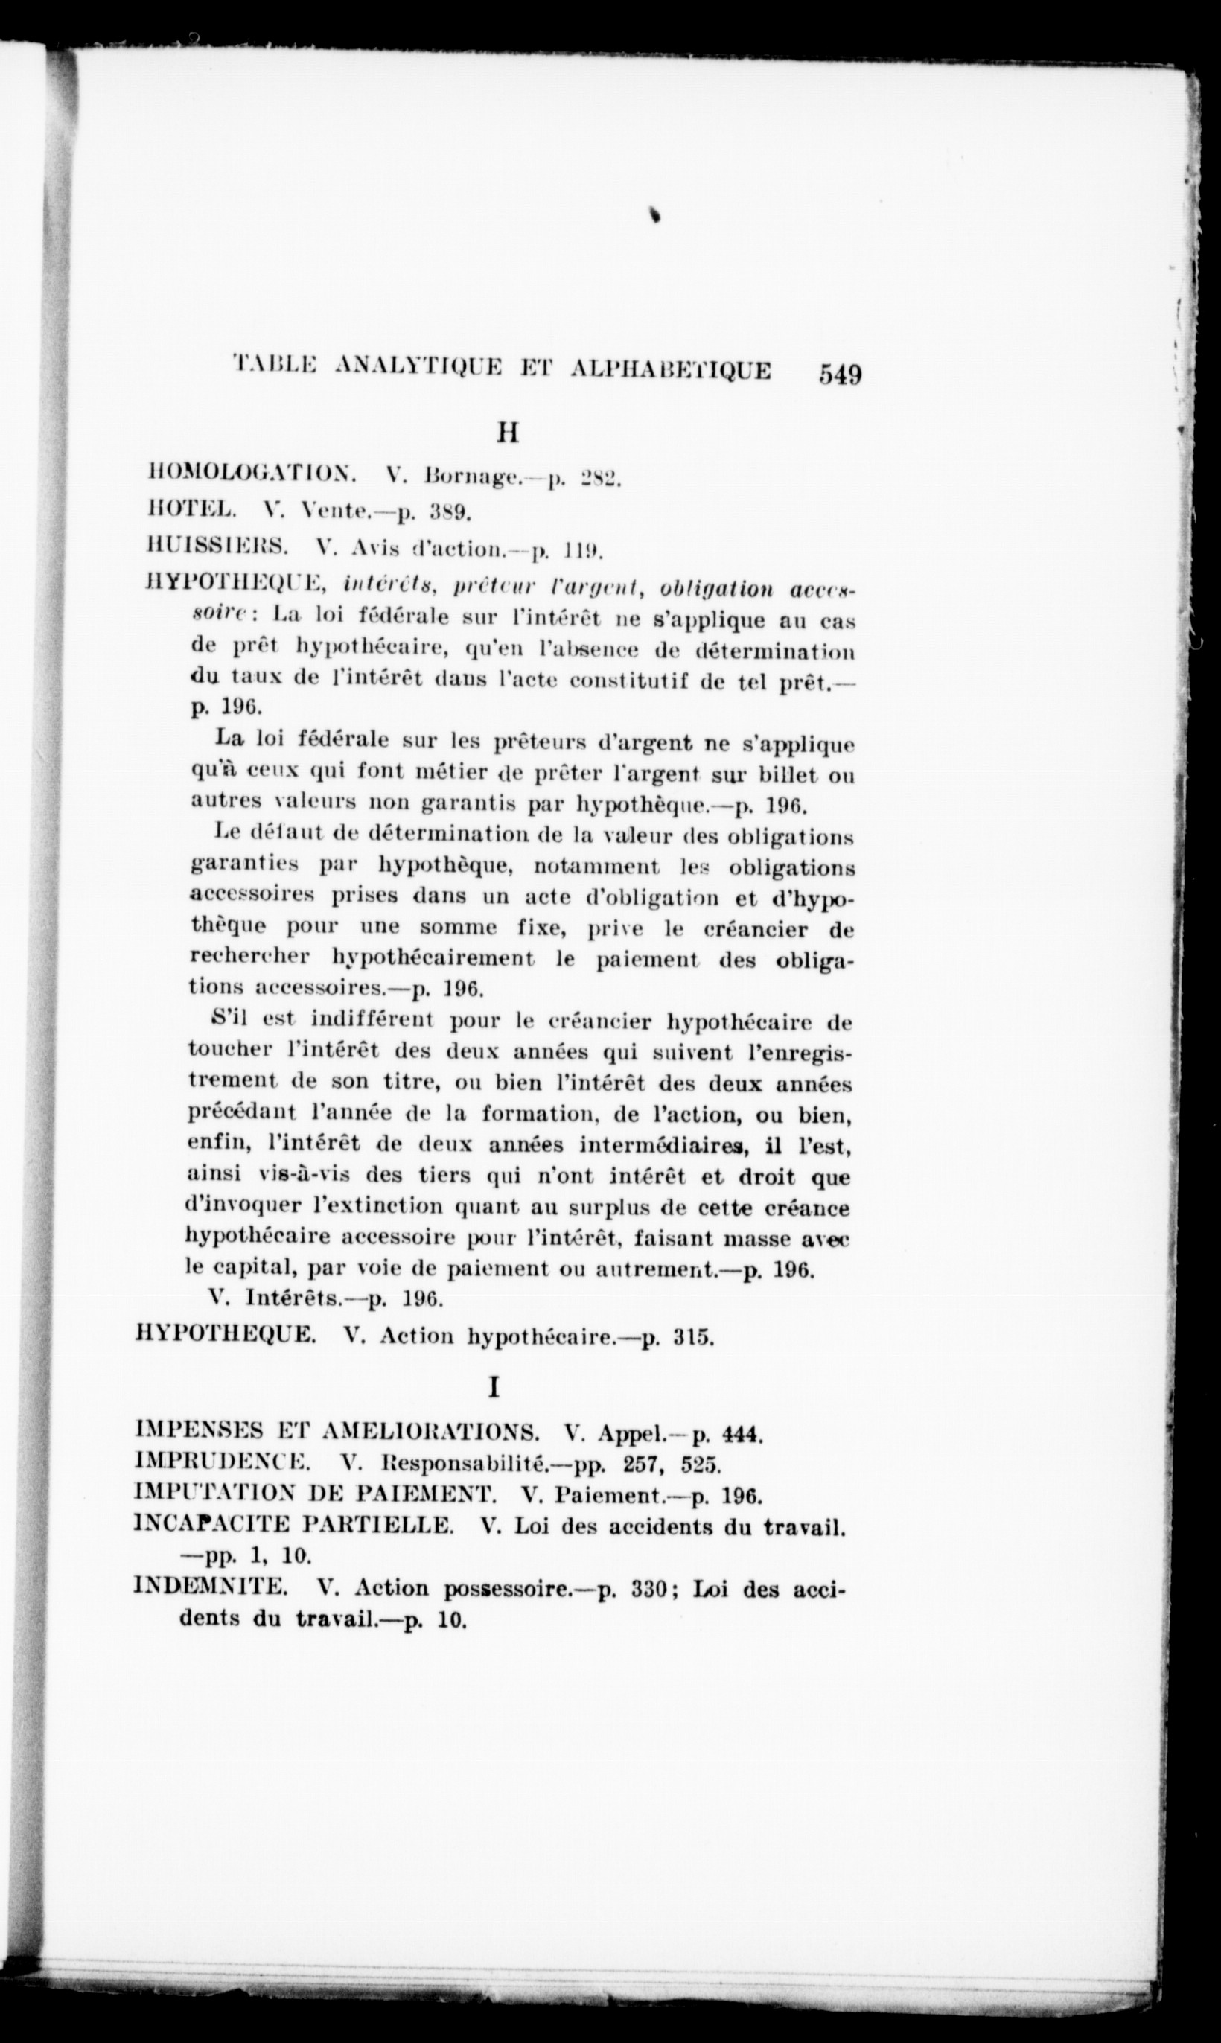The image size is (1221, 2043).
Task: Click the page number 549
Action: (838, 375)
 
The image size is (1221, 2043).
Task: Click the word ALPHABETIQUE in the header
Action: (672, 370)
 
